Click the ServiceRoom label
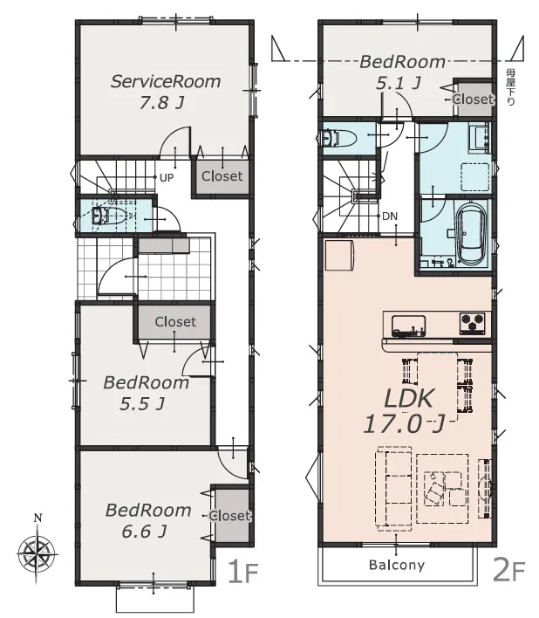[x=166, y=81]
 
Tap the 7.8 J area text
[x=161, y=103]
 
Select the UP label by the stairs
[x=167, y=178]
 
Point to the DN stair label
[x=390, y=216]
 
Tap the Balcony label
[x=397, y=565]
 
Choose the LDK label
[x=409, y=398]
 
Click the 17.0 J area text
[x=404, y=425]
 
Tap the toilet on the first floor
[x=109, y=216]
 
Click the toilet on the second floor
[x=339, y=138]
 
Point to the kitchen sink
[x=408, y=326]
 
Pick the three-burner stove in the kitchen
[x=472, y=323]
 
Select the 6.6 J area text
[x=144, y=532]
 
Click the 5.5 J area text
[x=142, y=404]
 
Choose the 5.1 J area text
[x=399, y=83]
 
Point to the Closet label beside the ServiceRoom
[x=222, y=176]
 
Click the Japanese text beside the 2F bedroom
[x=510, y=86]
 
